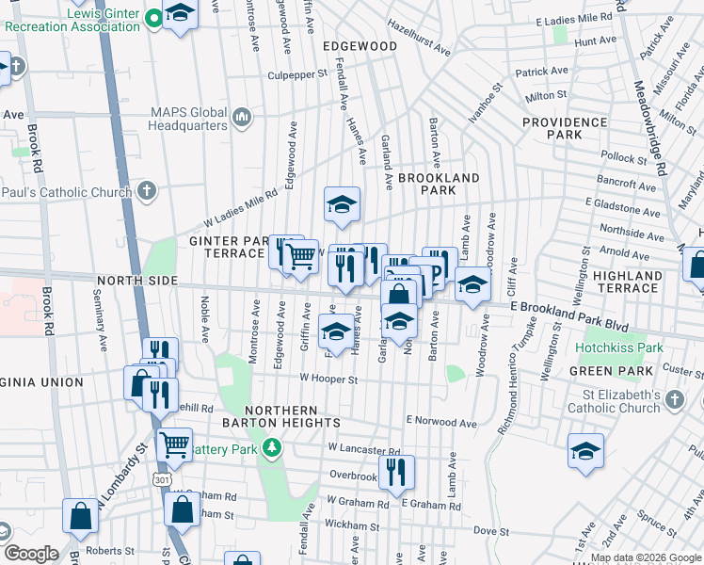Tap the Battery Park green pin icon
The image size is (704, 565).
pyautogui.click(x=273, y=447)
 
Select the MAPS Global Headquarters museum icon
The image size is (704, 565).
pyautogui.click(x=243, y=117)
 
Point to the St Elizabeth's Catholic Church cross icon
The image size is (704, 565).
pyautogui.click(x=674, y=401)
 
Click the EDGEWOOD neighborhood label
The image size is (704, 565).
pyautogui.click(x=360, y=45)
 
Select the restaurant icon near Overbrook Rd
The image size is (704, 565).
pyautogui.click(x=396, y=472)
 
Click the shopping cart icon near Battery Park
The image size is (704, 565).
pyautogui.click(x=174, y=444)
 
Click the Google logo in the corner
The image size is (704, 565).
pyautogui.click(x=31, y=554)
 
